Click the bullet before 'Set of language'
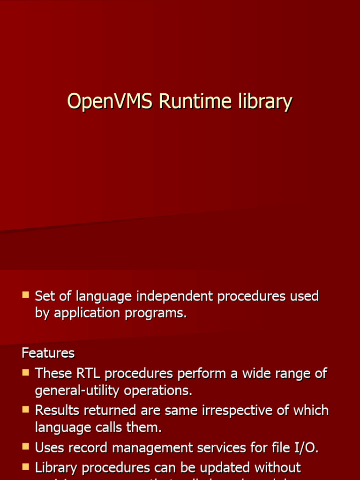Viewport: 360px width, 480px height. coord(25,295)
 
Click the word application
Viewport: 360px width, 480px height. coord(87,313)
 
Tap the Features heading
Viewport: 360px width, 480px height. coord(48,352)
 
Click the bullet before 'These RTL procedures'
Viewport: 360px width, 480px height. coord(25,373)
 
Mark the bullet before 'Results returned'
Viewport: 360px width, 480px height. coord(25,410)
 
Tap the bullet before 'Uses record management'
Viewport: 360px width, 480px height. coord(25,447)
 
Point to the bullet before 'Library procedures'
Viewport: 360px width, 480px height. coord(25,467)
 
